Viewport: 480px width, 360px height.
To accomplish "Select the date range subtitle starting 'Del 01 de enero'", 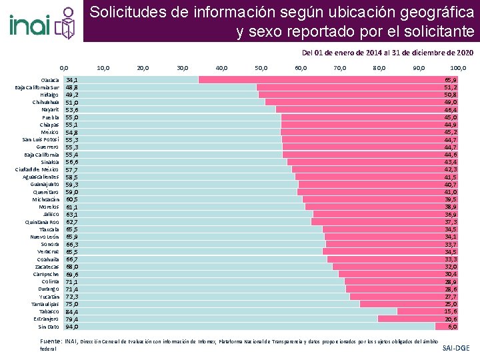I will click(387, 52).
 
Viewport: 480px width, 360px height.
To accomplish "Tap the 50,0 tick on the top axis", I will click(261, 67).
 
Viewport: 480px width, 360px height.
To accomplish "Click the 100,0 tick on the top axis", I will click(458, 67).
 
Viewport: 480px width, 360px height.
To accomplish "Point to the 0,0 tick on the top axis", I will click(64, 67).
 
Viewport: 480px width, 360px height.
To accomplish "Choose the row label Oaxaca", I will click(50, 79).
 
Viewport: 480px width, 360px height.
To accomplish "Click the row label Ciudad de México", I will click(37, 169).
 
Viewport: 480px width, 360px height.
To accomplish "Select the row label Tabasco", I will click(49, 311).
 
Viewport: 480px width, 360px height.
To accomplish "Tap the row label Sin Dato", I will click(49, 327).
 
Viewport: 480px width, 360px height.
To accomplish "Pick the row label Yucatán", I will click(49, 296).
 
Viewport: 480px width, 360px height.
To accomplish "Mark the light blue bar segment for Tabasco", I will click(233, 311).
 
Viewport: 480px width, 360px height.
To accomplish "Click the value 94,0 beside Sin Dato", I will click(72, 327).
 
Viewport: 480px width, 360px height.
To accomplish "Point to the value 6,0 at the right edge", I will click(452, 327).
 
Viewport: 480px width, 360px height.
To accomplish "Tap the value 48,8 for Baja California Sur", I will click(71, 87).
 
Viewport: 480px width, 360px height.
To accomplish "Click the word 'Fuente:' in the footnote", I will click(51, 341).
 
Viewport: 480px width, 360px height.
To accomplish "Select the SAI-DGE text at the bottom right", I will click(456, 348).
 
